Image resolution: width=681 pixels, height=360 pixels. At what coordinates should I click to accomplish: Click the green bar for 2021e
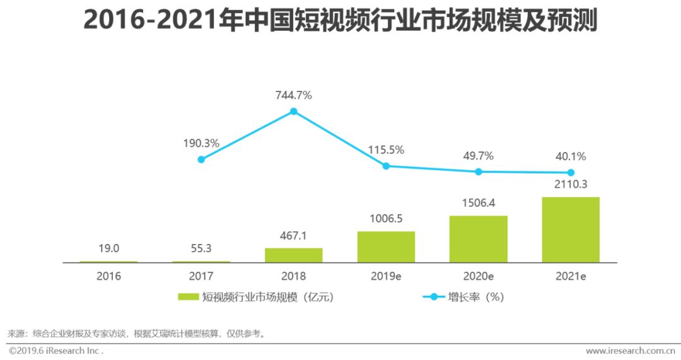coord(571,229)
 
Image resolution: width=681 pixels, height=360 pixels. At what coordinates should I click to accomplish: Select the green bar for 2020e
coord(478,239)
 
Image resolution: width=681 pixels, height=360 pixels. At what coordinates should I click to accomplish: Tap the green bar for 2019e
coord(386,247)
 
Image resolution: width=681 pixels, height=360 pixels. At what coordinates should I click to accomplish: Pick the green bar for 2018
coord(293,255)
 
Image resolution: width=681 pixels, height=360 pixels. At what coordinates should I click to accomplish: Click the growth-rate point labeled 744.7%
coord(293,112)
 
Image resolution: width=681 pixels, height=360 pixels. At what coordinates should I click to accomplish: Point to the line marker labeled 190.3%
coord(201,160)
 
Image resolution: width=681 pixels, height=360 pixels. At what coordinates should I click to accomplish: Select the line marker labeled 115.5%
coord(386,166)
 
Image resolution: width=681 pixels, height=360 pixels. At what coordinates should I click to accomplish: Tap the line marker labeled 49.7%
coord(479,171)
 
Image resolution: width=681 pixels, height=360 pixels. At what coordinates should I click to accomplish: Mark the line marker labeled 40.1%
coord(571,172)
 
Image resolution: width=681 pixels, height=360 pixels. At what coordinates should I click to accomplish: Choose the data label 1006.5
coord(386,219)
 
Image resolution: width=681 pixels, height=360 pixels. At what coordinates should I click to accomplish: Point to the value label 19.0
coord(108,248)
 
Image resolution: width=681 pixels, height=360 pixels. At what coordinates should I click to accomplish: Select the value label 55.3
coord(201,248)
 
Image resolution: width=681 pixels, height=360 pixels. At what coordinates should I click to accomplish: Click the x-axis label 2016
coord(108,276)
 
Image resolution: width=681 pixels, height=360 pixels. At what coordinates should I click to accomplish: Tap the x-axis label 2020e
coord(479,276)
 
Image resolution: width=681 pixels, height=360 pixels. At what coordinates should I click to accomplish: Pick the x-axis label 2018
coord(293,276)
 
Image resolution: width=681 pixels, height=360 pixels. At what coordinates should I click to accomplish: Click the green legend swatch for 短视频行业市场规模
coord(189,297)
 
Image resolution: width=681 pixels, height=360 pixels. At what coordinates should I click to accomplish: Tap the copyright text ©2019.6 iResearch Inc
coord(55,350)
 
